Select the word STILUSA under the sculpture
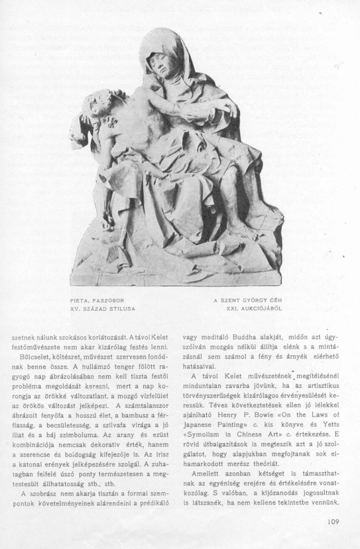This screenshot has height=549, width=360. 122,309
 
